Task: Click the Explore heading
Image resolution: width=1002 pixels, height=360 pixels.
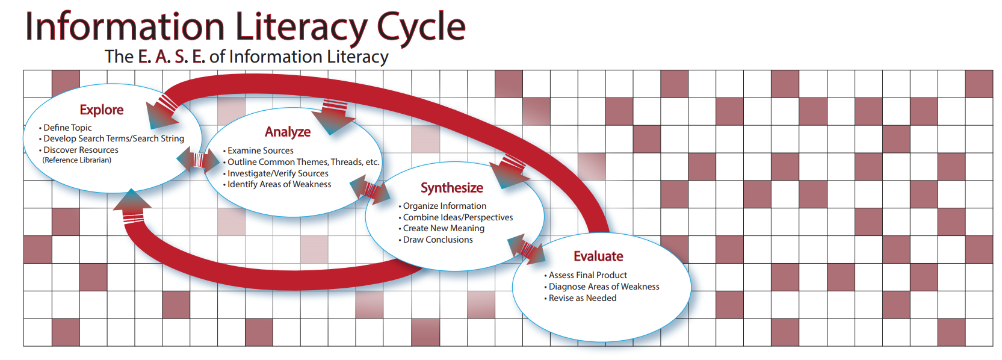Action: pos(102,110)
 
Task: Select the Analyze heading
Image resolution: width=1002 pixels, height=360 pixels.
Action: pos(288,132)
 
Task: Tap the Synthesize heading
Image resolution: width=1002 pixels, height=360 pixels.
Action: pos(452,188)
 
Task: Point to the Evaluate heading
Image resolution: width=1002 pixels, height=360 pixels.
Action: pos(599,256)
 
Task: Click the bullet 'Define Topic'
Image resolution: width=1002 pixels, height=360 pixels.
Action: pos(66,128)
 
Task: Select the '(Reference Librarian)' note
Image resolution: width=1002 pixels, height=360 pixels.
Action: pos(77,160)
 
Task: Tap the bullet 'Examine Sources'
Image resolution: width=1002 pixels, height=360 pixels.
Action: pos(258,151)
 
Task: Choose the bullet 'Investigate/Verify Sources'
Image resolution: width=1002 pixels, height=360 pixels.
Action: pos(276,173)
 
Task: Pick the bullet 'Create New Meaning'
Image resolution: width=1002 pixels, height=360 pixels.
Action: pos(442,229)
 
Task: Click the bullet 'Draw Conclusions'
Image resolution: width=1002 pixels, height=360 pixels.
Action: pos(436,240)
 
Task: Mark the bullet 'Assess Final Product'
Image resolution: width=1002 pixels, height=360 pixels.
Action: pos(586,276)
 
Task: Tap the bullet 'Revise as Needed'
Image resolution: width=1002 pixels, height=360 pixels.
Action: pos(580,298)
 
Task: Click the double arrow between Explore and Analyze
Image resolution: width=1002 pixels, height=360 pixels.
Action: pos(198,160)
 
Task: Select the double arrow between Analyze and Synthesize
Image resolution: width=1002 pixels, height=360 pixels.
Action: pos(370,190)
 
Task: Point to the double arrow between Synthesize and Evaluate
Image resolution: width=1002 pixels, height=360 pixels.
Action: pos(527,249)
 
